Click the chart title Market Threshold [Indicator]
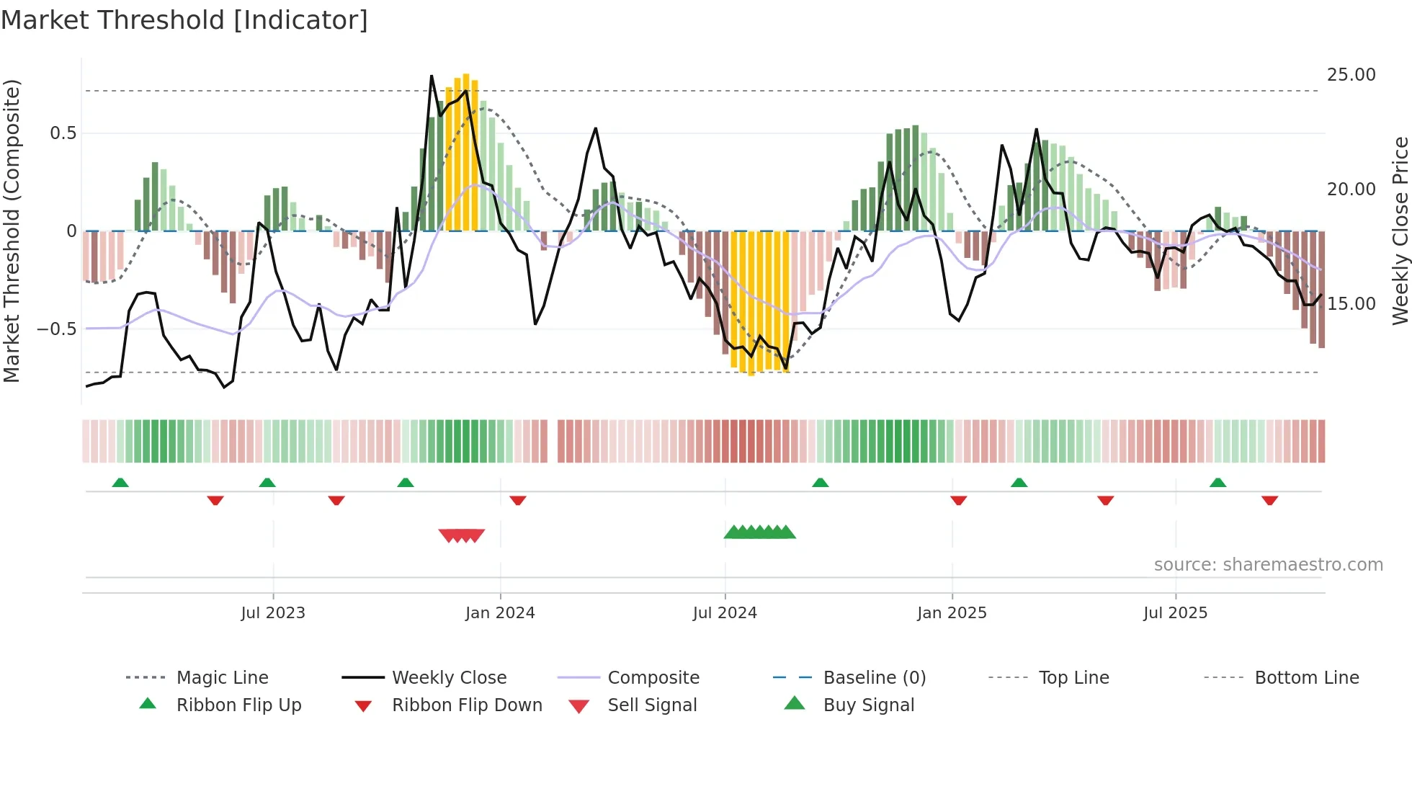(184, 20)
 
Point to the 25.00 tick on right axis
(1351, 75)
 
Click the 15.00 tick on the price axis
(1351, 304)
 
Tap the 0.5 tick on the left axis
(63, 133)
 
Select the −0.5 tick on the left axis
(57, 329)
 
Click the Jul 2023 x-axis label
(273, 613)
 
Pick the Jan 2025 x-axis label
(952, 613)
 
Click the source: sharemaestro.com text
(1268, 565)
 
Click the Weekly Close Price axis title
(1400, 231)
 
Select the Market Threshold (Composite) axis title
(12, 231)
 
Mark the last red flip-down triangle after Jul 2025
(1269, 500)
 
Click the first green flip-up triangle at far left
(120, 483)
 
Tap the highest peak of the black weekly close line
(432, 76)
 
